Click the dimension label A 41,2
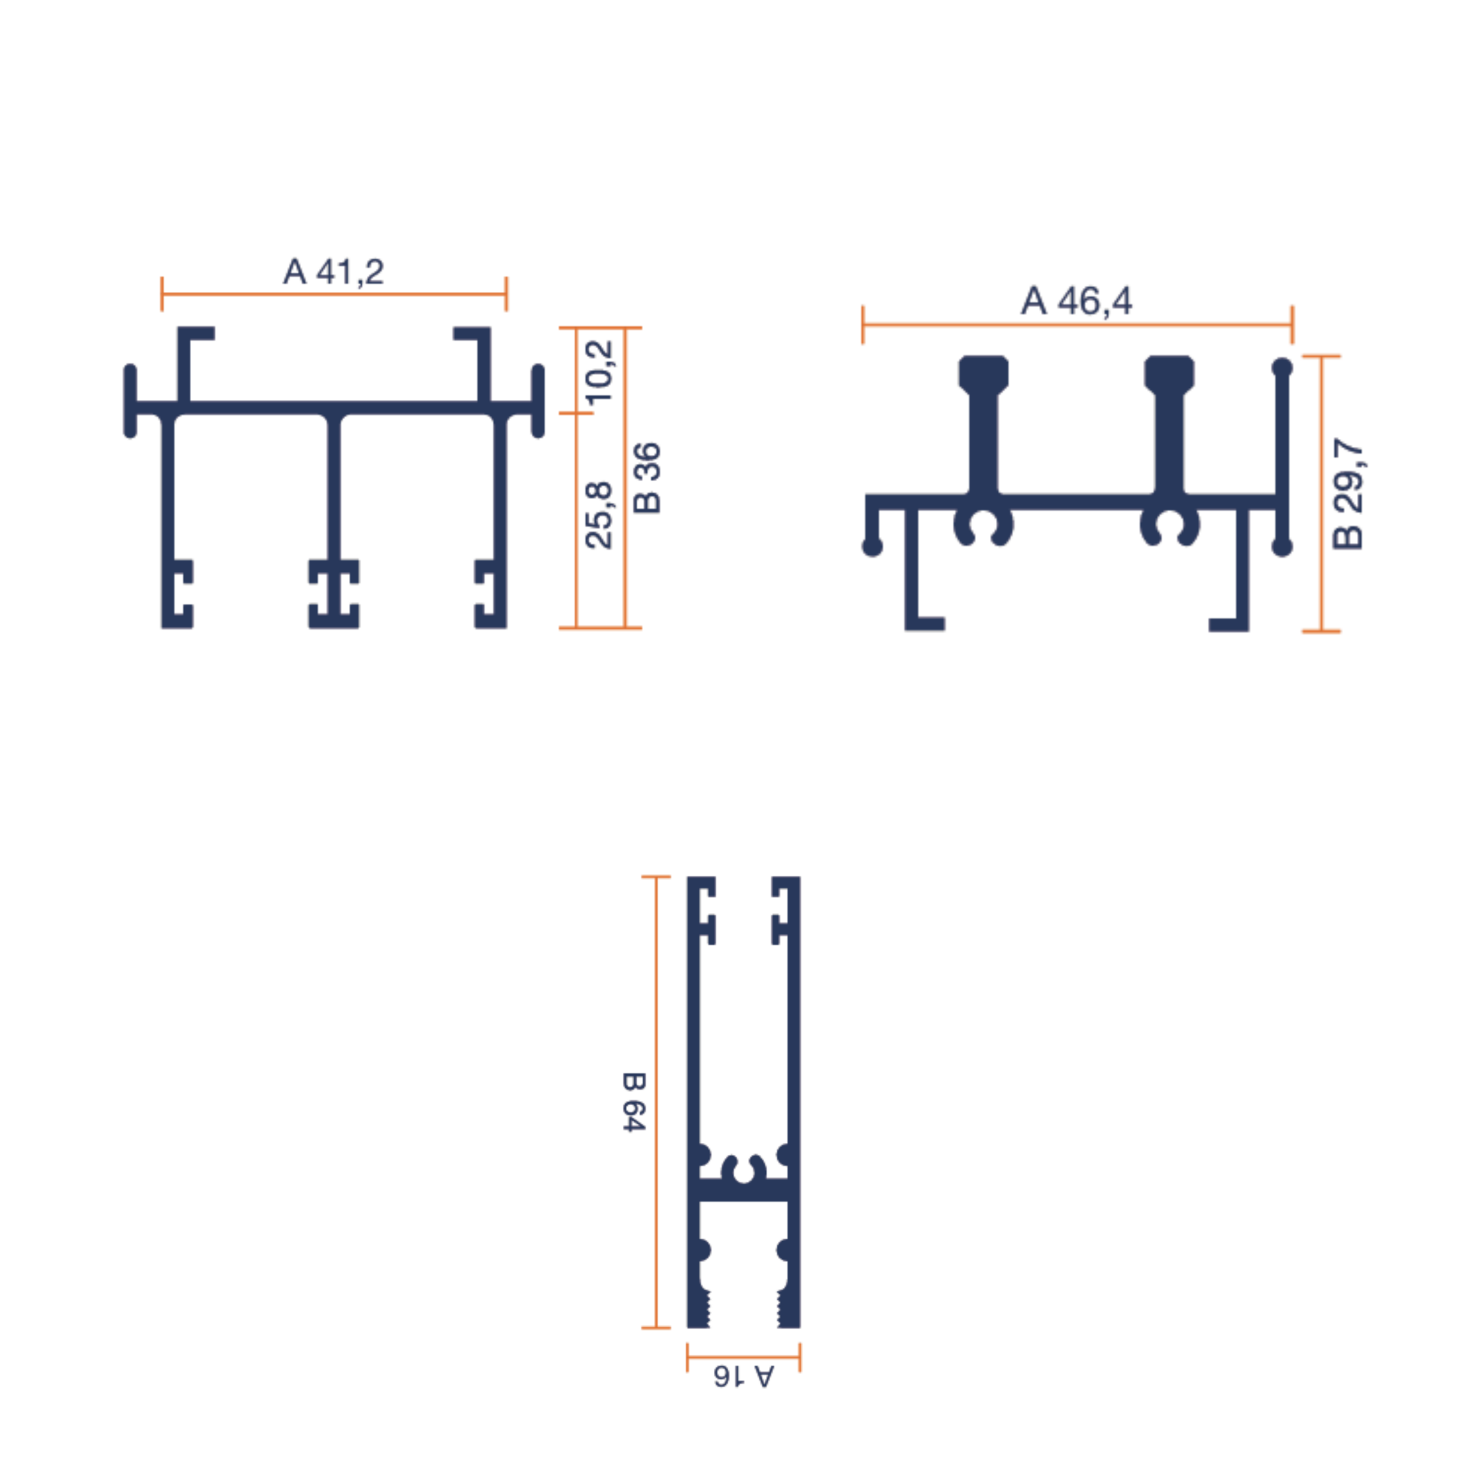(333, 272)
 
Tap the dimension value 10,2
(600, 372)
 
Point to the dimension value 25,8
(600, 515)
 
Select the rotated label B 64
(633, 1102)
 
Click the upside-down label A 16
(743, 1376)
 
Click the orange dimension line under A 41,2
(333, 294)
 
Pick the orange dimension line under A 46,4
(1076, 325)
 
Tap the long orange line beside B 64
(656, 1102)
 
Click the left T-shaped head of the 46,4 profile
(984, 373)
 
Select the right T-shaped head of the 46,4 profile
(1169, 373)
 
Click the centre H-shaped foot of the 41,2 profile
(333, 594)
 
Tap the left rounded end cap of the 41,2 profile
(130, 401)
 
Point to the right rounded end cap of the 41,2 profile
(538, 401)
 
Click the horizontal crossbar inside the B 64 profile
(743, 1190)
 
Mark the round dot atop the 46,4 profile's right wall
(1282, 368)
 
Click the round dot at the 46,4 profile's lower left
(872, 547)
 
